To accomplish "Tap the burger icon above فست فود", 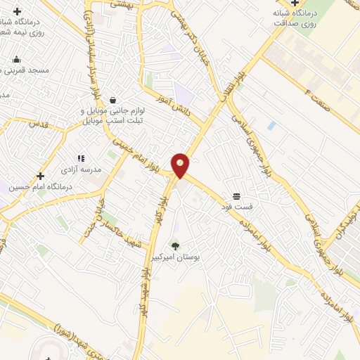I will tap(236, 196).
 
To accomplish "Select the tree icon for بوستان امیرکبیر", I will tap(175, 245).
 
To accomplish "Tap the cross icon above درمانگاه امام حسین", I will tap(40, 176).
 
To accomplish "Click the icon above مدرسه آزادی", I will tap(81, 159).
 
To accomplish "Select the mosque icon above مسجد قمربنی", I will tap(17, 59).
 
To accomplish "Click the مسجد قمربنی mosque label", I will tap(24, 70).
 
